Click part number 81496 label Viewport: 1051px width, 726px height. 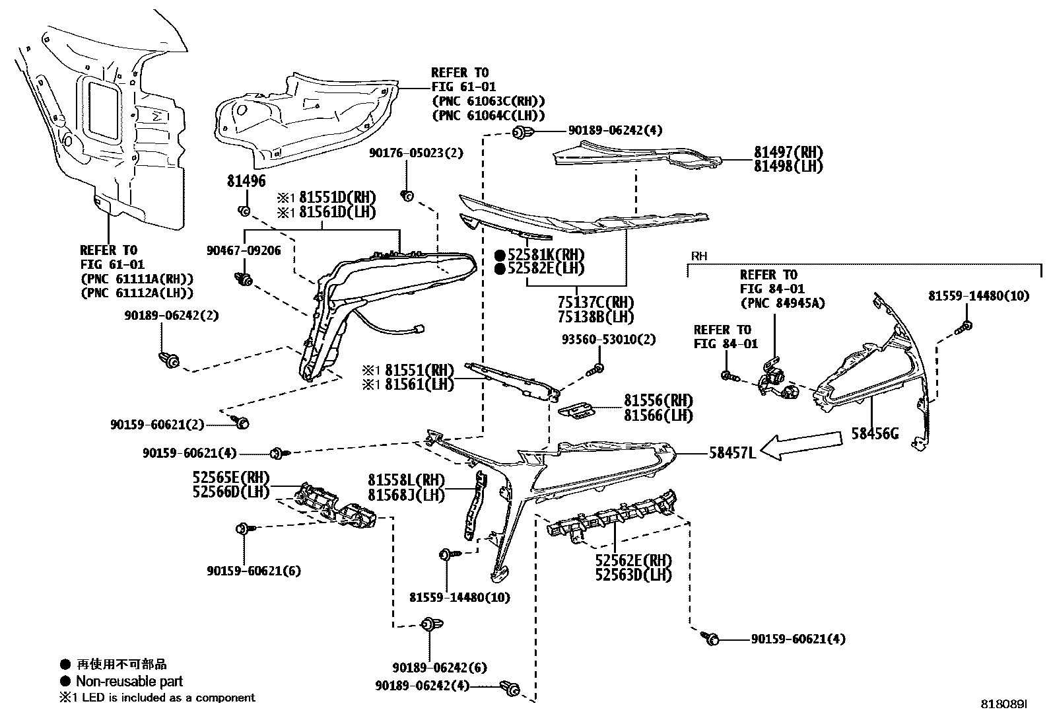point(246,181)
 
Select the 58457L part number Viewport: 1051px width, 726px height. point(731,453)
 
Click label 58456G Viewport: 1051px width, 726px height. point(875,435)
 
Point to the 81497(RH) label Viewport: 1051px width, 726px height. point(788,152)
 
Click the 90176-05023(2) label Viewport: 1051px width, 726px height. point(416,153)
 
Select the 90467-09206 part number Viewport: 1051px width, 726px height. point(243,251)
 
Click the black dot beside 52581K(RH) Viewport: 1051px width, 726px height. point(500,254)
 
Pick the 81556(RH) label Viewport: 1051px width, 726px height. point(658,400)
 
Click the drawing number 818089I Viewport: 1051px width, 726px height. point(1004,706)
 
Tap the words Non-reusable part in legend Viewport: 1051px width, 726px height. point(129,681)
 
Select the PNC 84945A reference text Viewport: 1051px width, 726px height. point(782,304)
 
